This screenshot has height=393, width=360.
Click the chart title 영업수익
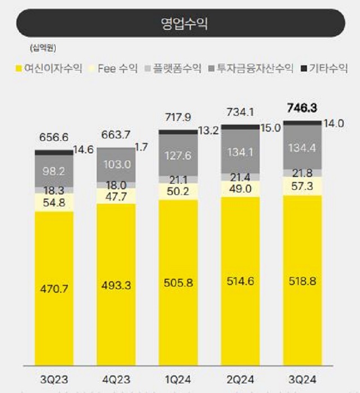(x=179, y=23)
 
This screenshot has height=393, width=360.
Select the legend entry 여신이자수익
(x=49, y=69)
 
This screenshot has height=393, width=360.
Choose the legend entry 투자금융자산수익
(x=251, y=69)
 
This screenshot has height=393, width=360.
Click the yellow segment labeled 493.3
(x=116, y=285)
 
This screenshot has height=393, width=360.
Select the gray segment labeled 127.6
(x=178, y=155)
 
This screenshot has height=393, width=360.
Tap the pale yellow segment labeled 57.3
(x=302, y=186)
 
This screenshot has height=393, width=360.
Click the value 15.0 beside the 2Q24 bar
(x=271, y=128)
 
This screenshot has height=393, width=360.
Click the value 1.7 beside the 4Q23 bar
(x=143, y=148)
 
